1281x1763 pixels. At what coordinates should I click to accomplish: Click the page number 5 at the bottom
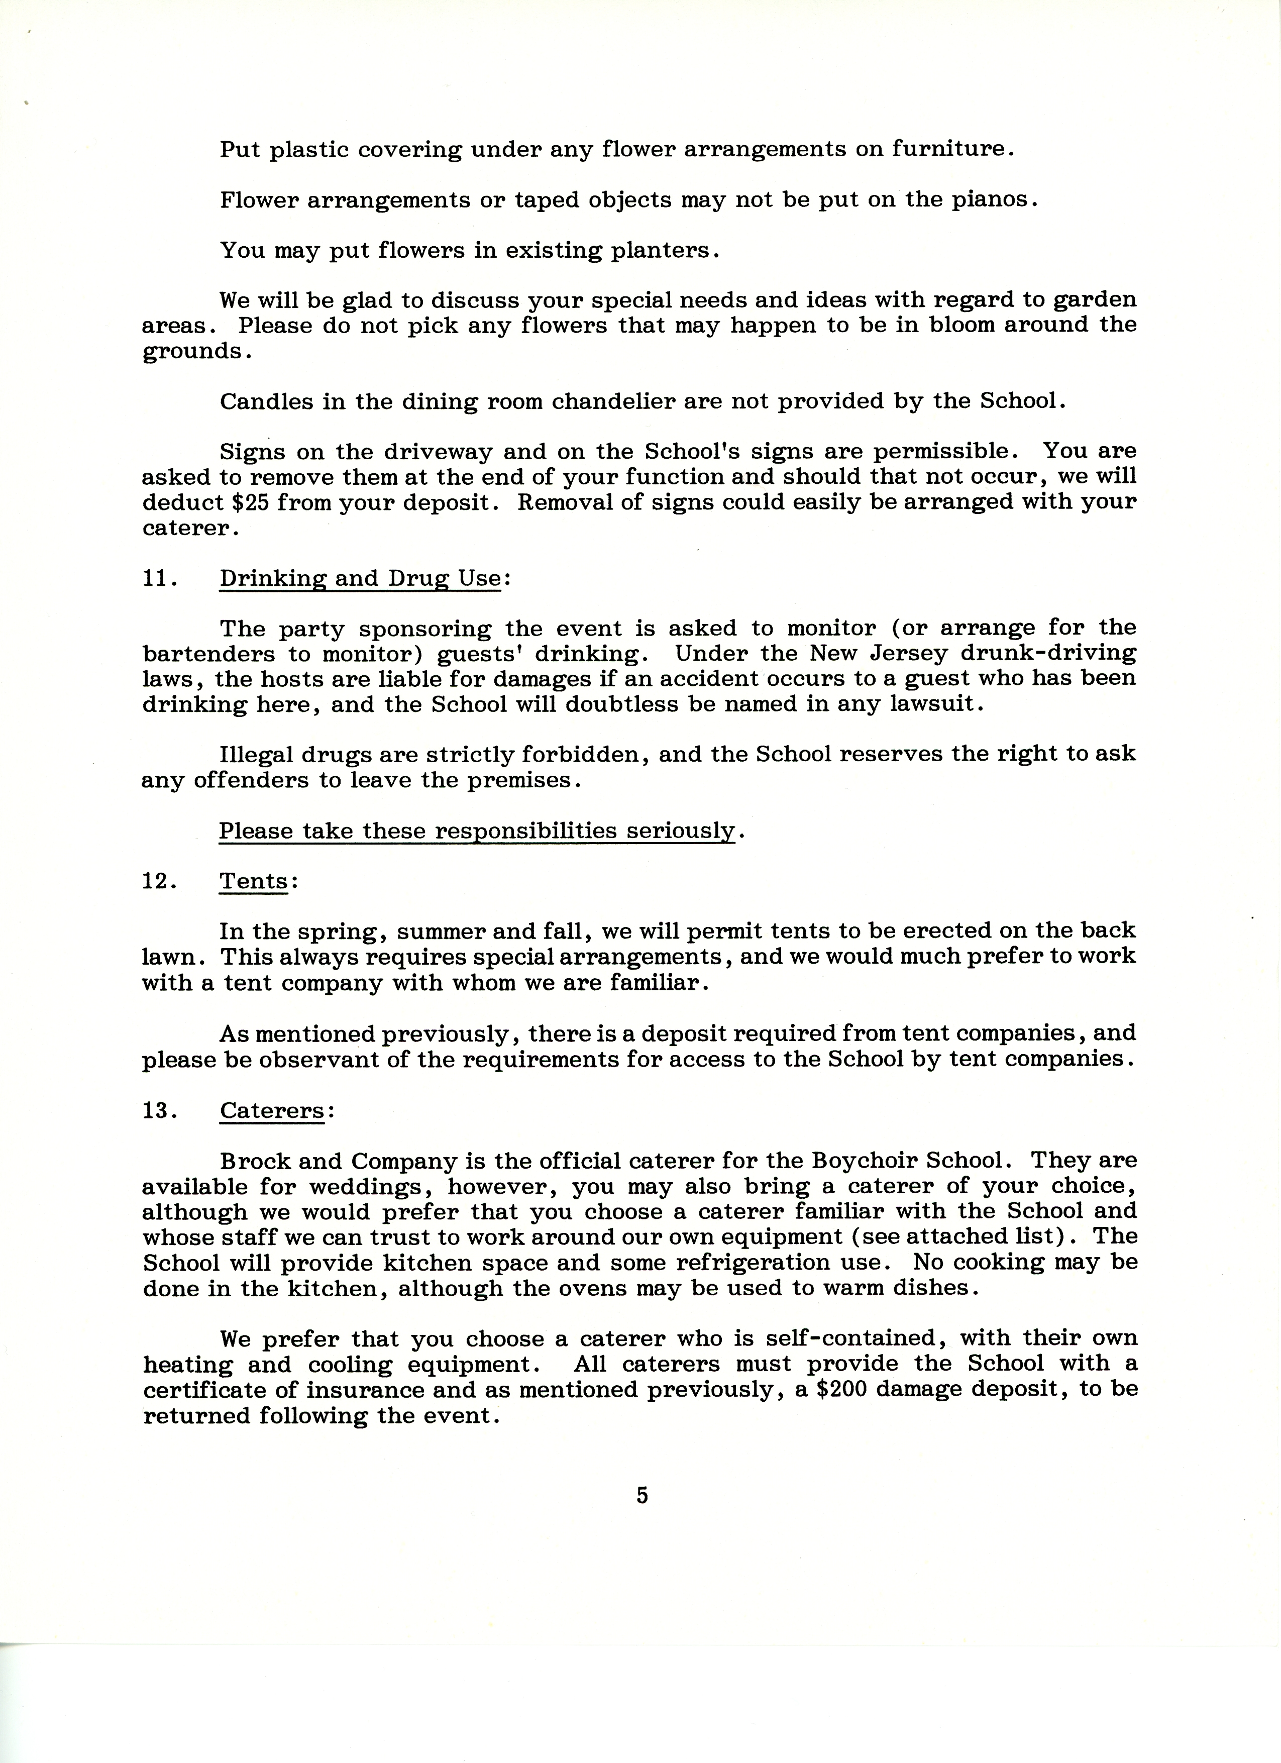642,1495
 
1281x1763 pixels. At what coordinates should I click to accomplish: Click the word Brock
253,1161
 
